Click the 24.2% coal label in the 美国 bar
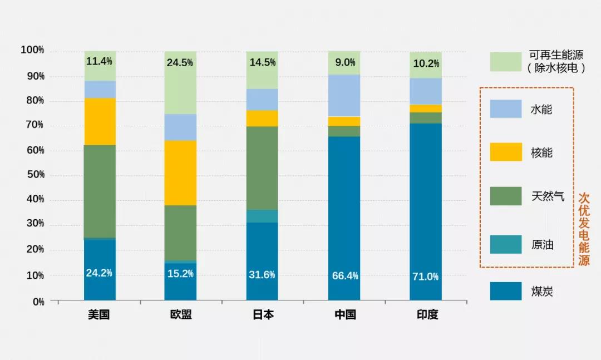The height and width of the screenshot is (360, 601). click(x=99, y=273)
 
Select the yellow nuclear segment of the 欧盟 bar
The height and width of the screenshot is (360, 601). click(x=180, y=172)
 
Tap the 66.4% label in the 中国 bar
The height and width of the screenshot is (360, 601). click(x=345, y=275)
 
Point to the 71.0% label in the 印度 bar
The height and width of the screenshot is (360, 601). click(x=426, y=277)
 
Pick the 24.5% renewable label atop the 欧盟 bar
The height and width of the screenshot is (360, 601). click(x=180, y=63)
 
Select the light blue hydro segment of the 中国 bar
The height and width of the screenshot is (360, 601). click(x=344, y=95)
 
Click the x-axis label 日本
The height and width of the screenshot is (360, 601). click(x=263, y=315)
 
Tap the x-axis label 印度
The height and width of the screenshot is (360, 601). click(x=427, y=315)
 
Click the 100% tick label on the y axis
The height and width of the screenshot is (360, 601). click(x=32, y=51)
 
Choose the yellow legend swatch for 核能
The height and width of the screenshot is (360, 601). click(x=506, y=152)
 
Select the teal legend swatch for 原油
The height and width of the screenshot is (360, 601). click(x=506, y=244)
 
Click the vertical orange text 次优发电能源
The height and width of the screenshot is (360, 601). click(x=583, y=229)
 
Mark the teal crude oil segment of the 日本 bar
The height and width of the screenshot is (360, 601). click(x=262, y=216)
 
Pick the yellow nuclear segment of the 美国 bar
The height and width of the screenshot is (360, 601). click(x=100, y=121)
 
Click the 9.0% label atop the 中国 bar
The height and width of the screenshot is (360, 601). click(x=345, y=63)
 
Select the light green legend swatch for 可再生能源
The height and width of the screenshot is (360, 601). click(x=506, y=62)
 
